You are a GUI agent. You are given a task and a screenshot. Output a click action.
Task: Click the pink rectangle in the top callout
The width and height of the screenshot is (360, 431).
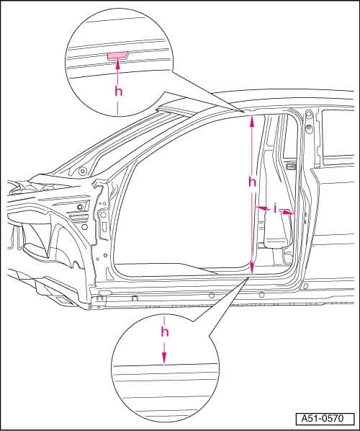[x=117, y=56]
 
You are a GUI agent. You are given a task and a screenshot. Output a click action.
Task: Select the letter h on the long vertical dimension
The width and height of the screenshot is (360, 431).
[x=252, y=182]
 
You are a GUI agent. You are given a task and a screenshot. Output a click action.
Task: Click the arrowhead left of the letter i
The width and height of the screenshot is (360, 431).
[x=261, y=208]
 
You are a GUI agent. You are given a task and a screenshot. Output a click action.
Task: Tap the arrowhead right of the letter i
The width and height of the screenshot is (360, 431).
[x=287, y=212]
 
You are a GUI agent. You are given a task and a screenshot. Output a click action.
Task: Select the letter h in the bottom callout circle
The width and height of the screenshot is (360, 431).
[x=165, y=332]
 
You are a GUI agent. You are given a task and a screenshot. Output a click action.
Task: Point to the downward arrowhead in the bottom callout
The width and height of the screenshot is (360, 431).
[x=164, y=358]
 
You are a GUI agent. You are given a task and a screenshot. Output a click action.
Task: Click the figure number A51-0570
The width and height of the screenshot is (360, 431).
[x=323, y=419]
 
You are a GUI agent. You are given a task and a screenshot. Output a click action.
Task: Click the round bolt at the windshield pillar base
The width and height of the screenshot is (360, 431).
[x=82, y=172]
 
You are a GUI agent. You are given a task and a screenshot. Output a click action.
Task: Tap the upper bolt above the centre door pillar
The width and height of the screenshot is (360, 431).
[x=308, y=112]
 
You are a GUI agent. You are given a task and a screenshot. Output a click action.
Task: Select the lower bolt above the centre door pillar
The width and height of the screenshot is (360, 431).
[x=309, y=128]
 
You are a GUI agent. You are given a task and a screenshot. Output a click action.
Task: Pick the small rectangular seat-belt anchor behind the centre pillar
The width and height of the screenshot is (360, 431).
[x=291, y=166]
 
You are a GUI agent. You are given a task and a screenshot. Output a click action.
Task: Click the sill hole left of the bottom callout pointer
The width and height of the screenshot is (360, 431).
[x=212, y=296]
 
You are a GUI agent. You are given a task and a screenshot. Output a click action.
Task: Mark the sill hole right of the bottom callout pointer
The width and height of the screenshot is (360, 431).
[x=261, y=295]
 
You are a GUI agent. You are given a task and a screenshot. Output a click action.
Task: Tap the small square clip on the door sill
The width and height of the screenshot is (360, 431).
[x=135, y=298]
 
